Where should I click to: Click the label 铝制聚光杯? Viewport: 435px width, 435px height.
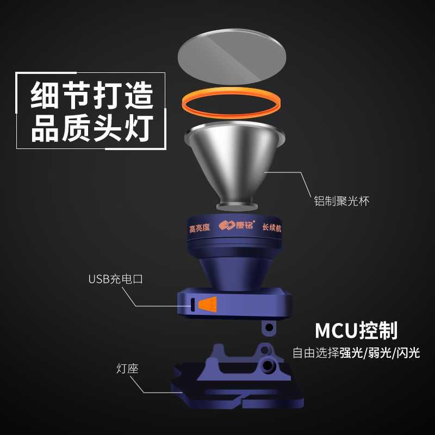(x=342, y=201)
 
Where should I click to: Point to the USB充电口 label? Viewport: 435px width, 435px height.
(x=115, y=279)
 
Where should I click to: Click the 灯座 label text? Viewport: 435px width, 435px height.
(x=127, y=369)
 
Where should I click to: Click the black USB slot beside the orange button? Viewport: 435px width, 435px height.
(x=191, y=305)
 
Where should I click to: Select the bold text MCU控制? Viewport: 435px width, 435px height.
(x=356, y=330)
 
